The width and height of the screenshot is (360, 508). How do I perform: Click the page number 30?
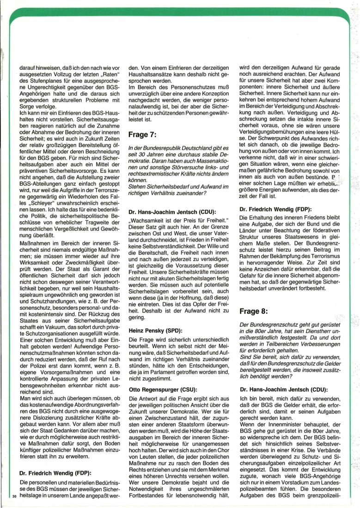click(14, 497)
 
